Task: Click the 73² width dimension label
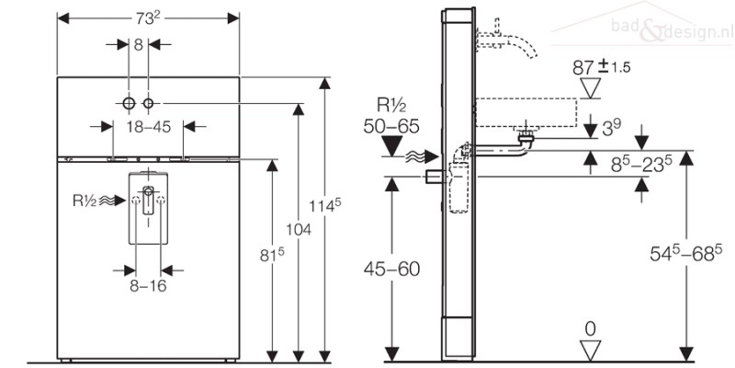[x=148, y=18]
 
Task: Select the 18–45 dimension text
[x=149, y=127]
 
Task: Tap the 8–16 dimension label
[x=148, y=286]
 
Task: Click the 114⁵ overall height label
[x=324, y=205]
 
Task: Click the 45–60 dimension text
[x=392, y=269]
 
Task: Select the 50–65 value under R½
[x=391, y=126]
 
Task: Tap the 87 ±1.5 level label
[x=602, y=67]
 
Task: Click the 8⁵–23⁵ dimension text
[x=642, y=164]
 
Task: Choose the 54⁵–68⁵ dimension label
[x=685, y=253]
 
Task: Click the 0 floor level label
[x=590, y=329]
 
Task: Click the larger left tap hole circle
[x=129, y=103]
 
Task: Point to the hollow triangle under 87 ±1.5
[x=590, y=87]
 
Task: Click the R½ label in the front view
[x=85, y=201]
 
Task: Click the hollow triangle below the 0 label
[x=590, y=351]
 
